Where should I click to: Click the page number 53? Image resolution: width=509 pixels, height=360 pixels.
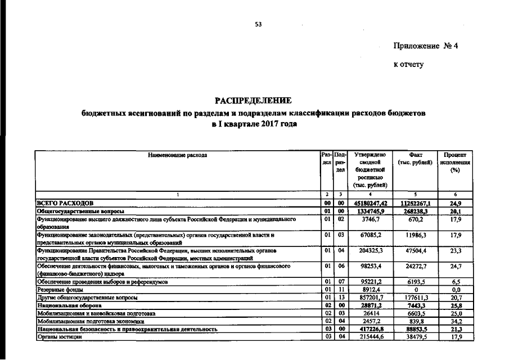click(x=258, y=24)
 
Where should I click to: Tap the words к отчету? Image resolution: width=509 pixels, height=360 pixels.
click(x=408, y=64)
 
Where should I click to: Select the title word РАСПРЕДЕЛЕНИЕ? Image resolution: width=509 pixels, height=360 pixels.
click(x=253, y=101)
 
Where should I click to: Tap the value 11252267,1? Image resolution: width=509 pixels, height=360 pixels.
click(x=415, y=202)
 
